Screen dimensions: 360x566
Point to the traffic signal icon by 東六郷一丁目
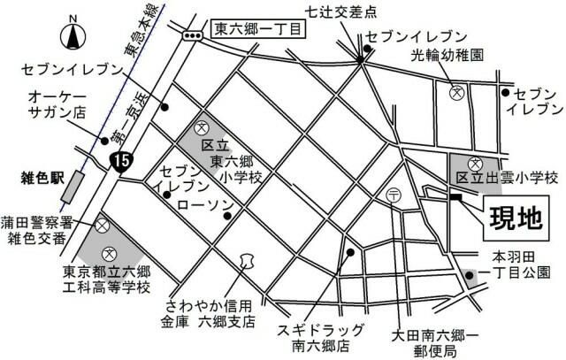point(191,33)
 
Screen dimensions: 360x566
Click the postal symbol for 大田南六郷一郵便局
point(394,195)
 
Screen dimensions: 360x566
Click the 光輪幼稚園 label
point(446,55)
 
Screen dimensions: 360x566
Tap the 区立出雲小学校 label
point(507,179)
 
